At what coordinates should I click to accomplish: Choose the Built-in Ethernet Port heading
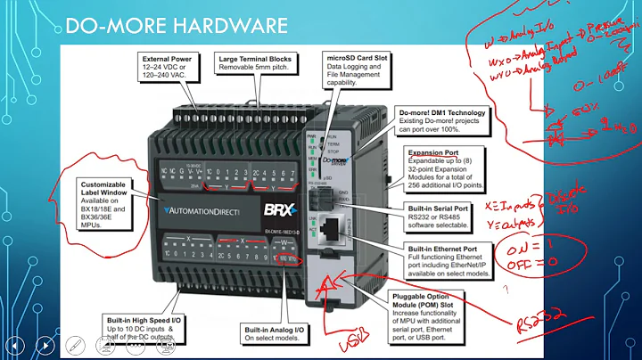click(x=447, y=248)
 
